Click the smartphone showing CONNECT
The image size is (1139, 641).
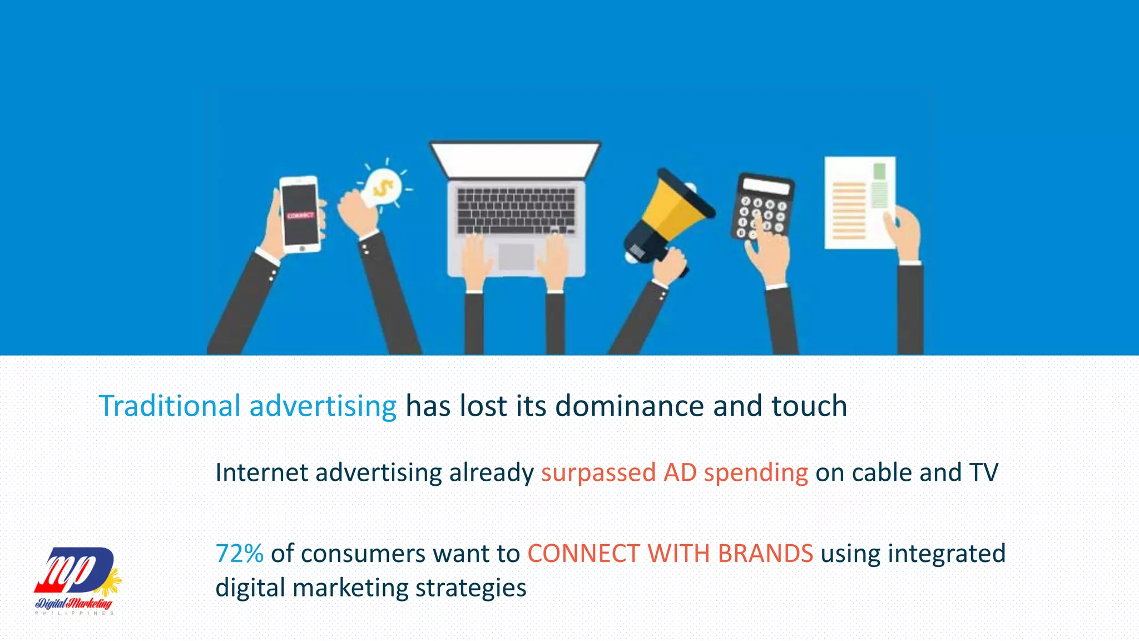(x=300, y=214)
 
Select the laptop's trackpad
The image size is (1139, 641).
(x=516, y=257)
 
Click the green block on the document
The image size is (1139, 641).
(x=879, y=171)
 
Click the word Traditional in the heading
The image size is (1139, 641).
(x=170, y=406)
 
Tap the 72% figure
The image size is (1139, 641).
(x=239, y=554)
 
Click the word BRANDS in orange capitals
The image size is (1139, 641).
(x=765, y=554)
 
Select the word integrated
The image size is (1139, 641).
(x=947, y=554)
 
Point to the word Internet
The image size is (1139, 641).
(x=261, y=473)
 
